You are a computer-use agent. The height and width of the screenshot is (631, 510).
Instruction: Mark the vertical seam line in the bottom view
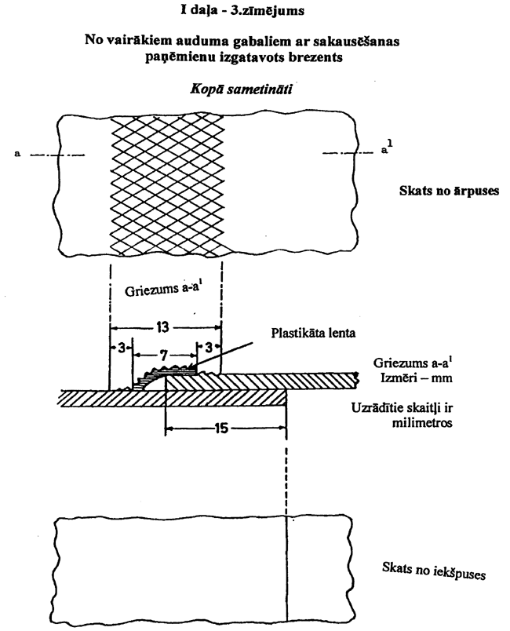(x=287, y=567)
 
